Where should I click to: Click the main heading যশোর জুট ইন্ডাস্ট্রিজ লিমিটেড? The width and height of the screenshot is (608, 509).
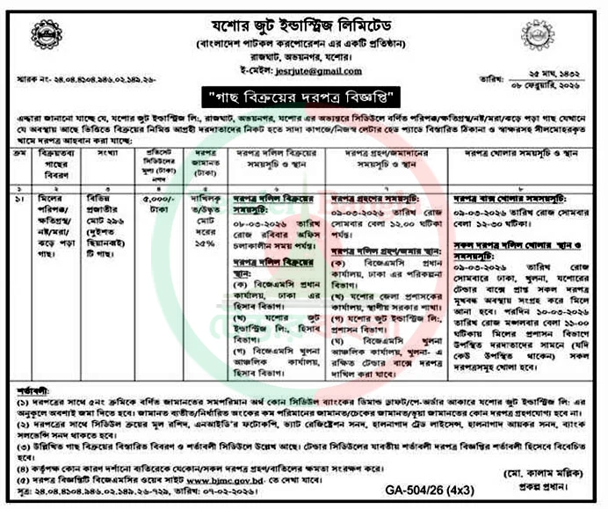point(304,17)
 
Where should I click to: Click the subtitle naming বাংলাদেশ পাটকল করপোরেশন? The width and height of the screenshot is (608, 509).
point(304,41)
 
